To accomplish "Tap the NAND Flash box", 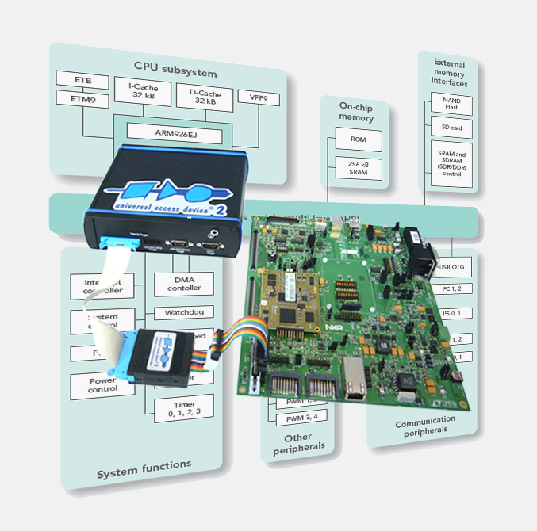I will click(451, 104).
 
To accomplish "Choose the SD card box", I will click(451, 127).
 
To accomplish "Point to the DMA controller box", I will click(184, 283).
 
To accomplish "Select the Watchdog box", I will click(184, 312).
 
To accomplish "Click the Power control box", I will click(103, 384).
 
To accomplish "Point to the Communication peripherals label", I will click(425, 424).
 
